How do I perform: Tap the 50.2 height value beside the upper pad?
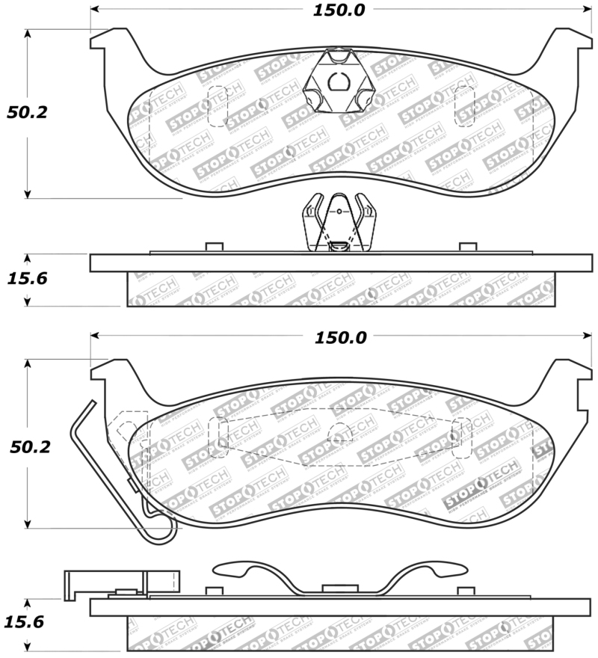(27, 113)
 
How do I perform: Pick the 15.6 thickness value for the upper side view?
(27, 279)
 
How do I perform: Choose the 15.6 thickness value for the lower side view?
(27, 621)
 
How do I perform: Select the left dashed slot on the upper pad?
(216, 105)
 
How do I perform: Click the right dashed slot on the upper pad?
(464, 105)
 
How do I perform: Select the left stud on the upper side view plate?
(214, 247)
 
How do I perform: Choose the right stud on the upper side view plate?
(468, 247)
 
